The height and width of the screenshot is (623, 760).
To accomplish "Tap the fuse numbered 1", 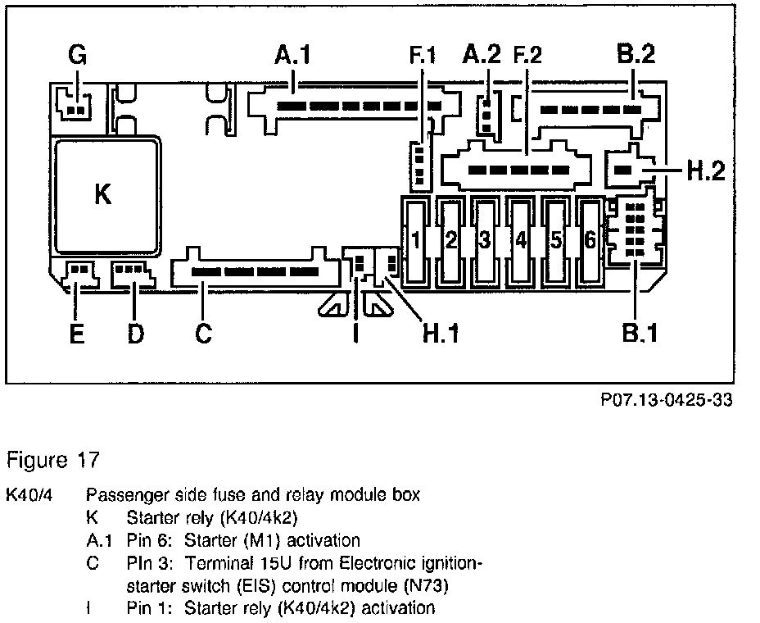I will [x=415, y=240].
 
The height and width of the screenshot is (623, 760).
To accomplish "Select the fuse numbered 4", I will [x=520, y=240].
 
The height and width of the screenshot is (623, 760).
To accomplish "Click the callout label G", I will [x=77, y=56].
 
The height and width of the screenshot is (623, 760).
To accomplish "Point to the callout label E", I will [x=76, y=334].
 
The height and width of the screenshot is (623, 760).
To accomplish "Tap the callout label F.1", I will [x=423, y=59].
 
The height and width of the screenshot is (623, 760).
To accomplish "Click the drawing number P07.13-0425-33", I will [x=665, y=401].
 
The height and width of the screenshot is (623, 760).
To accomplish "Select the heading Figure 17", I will [x=52, y=460].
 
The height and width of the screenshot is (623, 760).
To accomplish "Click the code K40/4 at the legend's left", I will [x=29, y=495].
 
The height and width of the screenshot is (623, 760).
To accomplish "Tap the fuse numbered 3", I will [x=485, y=240].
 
